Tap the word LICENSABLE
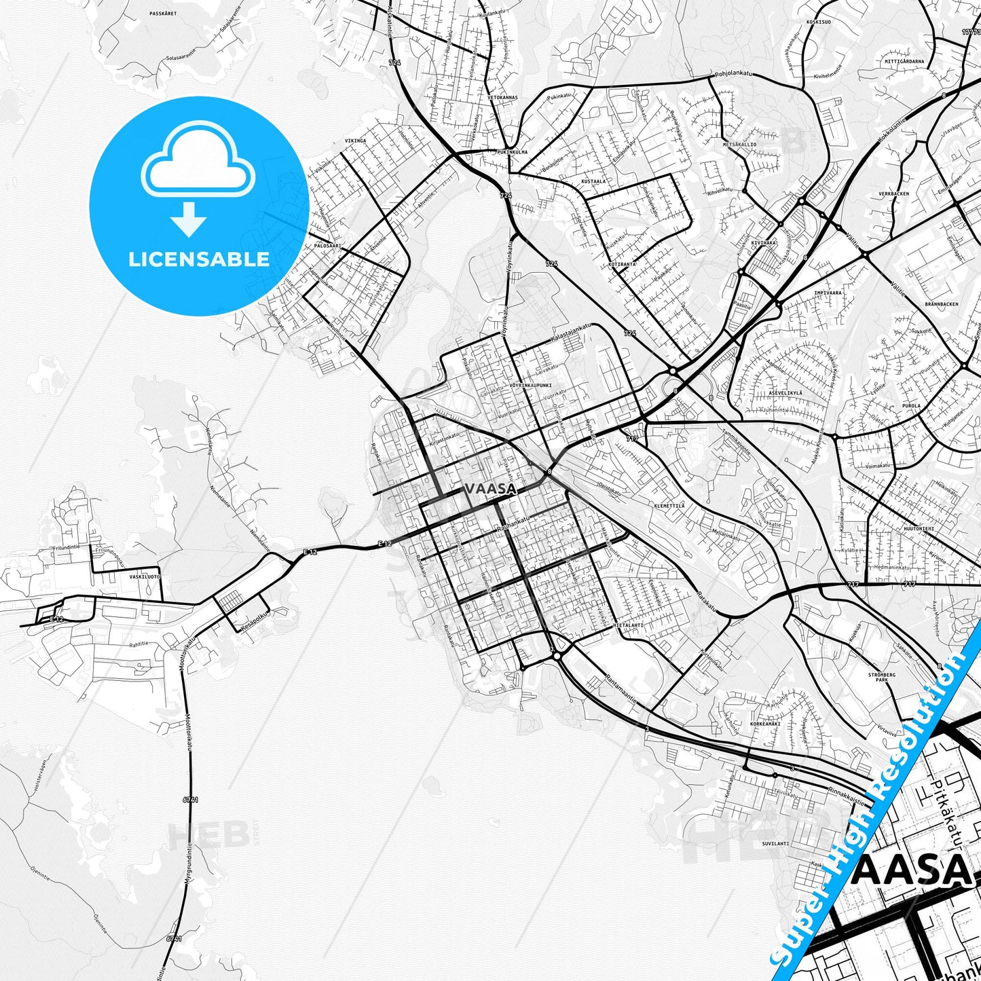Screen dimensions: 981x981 click(199, 259)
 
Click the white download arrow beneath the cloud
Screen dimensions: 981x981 click(189, 219)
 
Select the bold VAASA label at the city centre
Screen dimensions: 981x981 click(490, 489)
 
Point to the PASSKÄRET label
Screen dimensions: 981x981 click(163, 13)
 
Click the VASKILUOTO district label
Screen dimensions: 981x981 click(145, 576)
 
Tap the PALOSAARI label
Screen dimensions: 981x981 click(327, 246)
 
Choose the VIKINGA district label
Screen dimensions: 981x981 click(355, 141)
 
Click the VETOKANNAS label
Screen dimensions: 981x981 click(502, 97)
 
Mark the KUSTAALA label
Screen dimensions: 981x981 click(593, 181)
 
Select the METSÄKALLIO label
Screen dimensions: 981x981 click(739, 145)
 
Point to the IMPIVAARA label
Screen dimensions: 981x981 click(828, 293)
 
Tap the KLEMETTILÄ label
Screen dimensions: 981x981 click(669, 506)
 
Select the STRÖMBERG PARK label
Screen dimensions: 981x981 click(882, 677)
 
